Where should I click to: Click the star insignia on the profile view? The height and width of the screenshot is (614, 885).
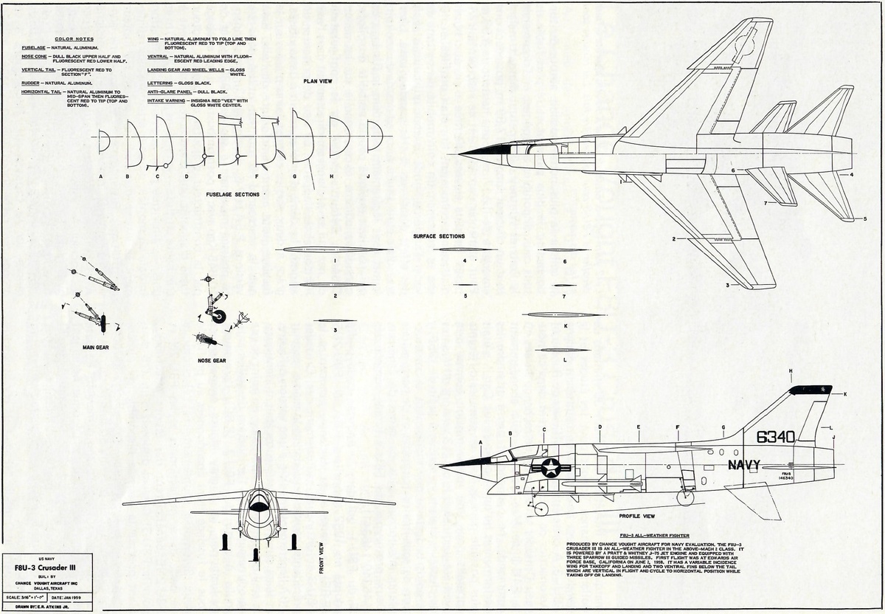[x=550, y=466]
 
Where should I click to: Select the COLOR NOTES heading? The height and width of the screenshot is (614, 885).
[x=74, y=39]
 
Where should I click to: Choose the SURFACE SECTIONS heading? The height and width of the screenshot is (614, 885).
[x=439, y=236]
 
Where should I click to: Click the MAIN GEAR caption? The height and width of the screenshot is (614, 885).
[x=96, y=346]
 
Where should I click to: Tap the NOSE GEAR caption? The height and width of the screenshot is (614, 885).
[x=212, y=361]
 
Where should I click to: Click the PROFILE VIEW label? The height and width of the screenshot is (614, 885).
[x=638, y=516]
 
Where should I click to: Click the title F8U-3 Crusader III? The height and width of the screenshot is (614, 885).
[x=48, y=568]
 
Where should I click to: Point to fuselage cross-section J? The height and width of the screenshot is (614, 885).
[x=375, y=137]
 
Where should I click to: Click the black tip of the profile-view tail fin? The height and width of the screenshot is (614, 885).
[x=810, y=389]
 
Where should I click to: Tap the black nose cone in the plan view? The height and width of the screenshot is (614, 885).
[x=483, y=153]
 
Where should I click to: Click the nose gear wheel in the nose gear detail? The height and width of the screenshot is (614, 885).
[x=219, y=317]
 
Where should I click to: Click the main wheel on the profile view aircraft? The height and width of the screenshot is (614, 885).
[x=686, y=497]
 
